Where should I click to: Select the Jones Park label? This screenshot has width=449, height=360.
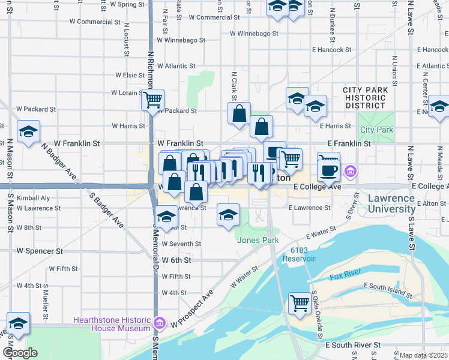pos(258,240)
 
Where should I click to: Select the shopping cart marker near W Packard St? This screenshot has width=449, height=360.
pos(153,99)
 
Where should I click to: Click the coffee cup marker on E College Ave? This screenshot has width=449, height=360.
pos(328,170)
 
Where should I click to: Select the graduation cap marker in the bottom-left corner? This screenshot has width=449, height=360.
pos(18,323)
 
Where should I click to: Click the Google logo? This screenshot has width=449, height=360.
pos(20,353)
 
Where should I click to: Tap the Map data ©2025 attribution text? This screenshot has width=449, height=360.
pos(423,355)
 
